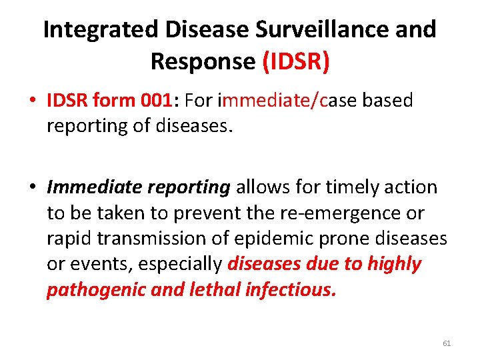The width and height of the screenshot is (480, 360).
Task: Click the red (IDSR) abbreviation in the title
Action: (295, 61)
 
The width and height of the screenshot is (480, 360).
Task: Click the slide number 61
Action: (447, 343)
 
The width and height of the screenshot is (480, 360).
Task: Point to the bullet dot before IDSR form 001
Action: (32, 101)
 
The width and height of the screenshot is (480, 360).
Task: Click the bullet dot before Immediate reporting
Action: (32, 188)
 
